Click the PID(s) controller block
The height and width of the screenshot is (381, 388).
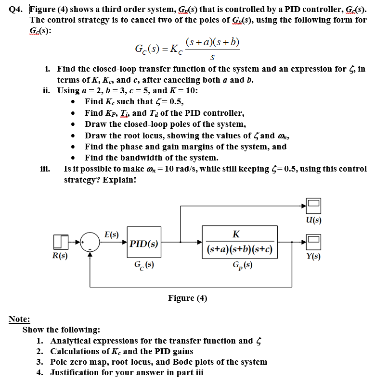[x=143, y=243]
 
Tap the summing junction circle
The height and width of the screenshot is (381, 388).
[x=90, y=242]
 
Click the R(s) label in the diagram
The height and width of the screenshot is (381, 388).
[x=60, y=256]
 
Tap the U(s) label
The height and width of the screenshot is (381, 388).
[x=313, y=220]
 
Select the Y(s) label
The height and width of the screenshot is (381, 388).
[x=313, y=256]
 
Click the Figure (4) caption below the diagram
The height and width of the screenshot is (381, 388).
[x=187, y=298]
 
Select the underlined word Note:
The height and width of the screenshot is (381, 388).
[x=19, y=319]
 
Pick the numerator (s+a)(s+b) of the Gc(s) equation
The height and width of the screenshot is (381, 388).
[x=212, y=42]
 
